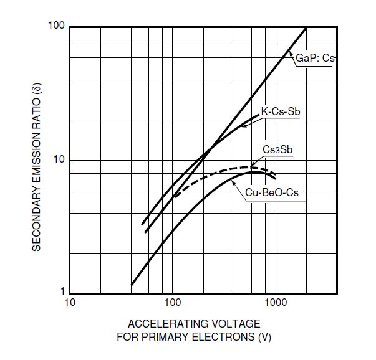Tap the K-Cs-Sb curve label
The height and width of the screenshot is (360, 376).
280,111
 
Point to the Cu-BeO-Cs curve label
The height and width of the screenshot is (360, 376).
272,193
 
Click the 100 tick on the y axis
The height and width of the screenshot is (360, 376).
57,27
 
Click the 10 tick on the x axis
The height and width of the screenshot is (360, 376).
69,303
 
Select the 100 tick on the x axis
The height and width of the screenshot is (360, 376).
172,303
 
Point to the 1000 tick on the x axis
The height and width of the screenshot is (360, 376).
275,303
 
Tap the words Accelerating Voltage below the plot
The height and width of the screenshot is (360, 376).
194,324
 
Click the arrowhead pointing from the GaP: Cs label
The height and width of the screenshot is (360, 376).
291,54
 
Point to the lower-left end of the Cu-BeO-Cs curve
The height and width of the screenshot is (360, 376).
132,285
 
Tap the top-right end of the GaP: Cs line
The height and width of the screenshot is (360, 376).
306,27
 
